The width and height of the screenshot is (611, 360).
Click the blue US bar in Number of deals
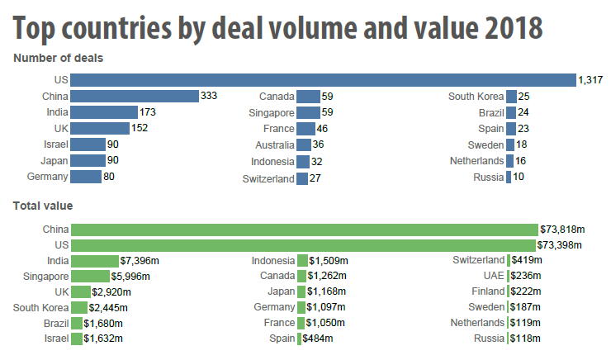coord(323,80)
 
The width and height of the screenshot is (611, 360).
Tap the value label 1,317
coord(592,80)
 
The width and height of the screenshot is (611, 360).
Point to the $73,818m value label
coord(561,230)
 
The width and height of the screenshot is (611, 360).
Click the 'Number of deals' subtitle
coord(58,58)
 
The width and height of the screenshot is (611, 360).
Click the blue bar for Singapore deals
coord(308,112)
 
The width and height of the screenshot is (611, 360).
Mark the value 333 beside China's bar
coord(209,97)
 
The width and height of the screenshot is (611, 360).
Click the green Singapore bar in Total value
coord(90,277)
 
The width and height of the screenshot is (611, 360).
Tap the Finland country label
coord(486,292)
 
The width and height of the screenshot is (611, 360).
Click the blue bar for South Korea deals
coord(512,97)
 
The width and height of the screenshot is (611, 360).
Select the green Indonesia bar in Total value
coord(302,261)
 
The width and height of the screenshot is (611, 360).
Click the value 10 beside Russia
coord(519,177)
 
